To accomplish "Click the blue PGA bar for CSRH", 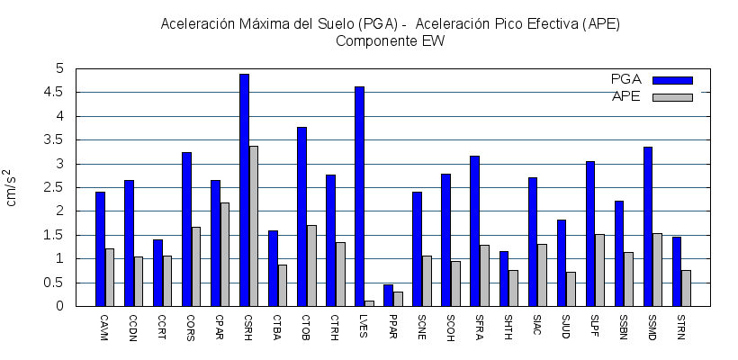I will coord(244,190).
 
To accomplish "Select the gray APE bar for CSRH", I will coord(254,226).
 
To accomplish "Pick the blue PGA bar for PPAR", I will coord(388,295).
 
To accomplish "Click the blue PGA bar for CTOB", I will coord(301,216).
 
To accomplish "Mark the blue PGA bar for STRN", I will coord(677,271).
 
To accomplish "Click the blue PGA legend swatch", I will coord(672,79).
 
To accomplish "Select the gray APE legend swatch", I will coord(672,96).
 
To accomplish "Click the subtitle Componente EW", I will coord(391,40).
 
